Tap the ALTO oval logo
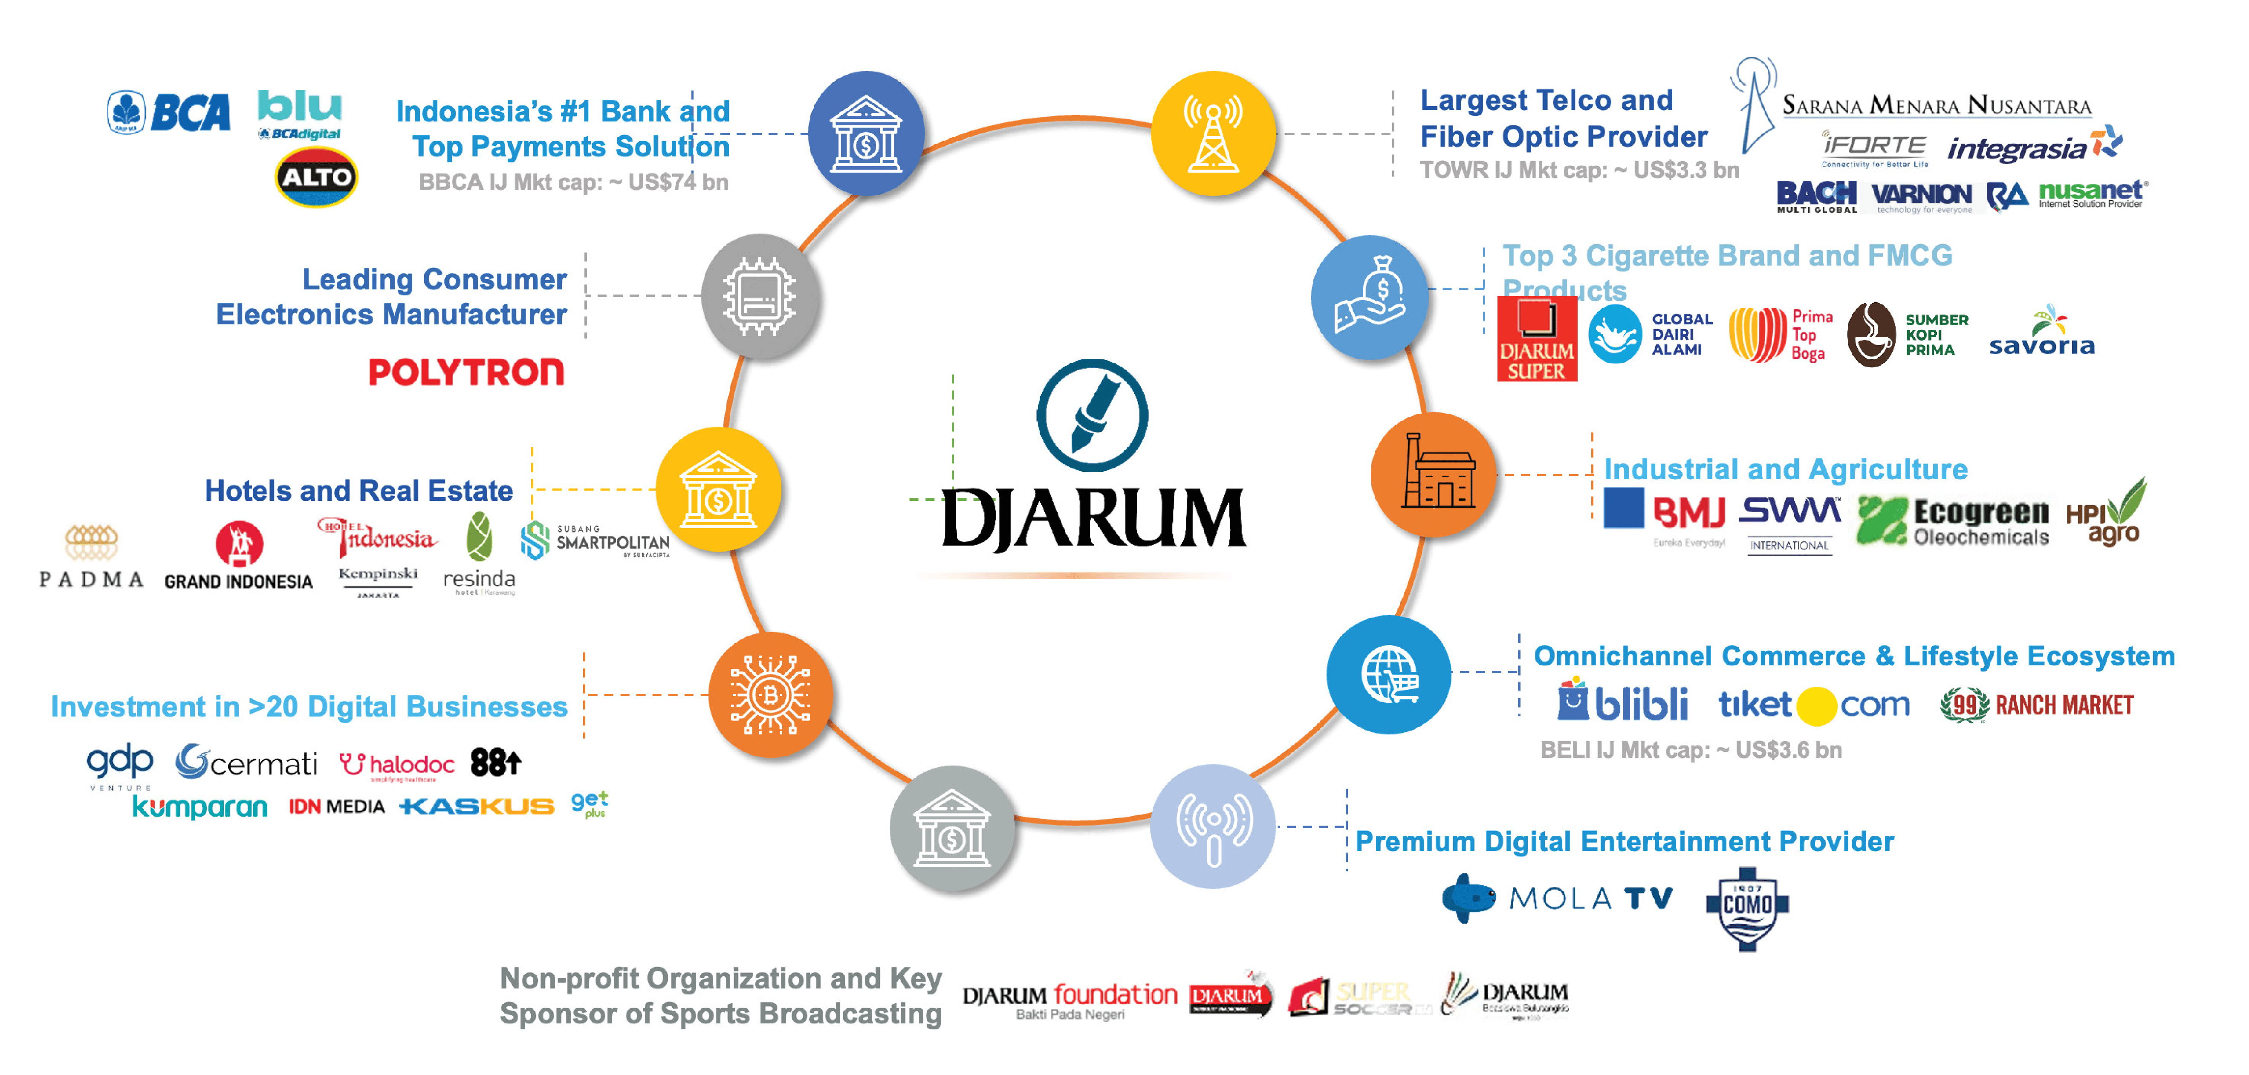pyautogui.click(x=316, y=177)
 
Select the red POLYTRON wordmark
pyautogui.click(x=466, y=373)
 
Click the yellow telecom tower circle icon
pyautogui.click(x=1213, y=133)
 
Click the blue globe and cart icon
pyautogui.click(x=1388, y=674)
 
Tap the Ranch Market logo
pyautogui.click(x=2037, y=705)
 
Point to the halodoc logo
pyautogui.click(x=397, y=765)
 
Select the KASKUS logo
pyautogui.click(x=477, y=806)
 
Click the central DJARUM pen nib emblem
pyautogui.click(x=1092, y=415)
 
